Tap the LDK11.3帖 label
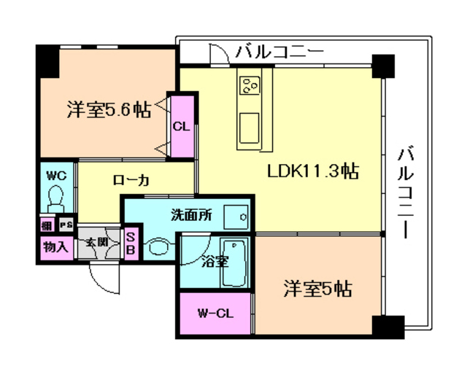click(312, 172)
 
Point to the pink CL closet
click(182, 125)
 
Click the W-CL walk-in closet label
click(215, 314)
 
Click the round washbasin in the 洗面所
click(158, 247)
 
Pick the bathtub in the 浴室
click(235, 263)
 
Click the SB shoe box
click(131, 243)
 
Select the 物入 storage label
click(55, 246)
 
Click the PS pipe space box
click(66, 225)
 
